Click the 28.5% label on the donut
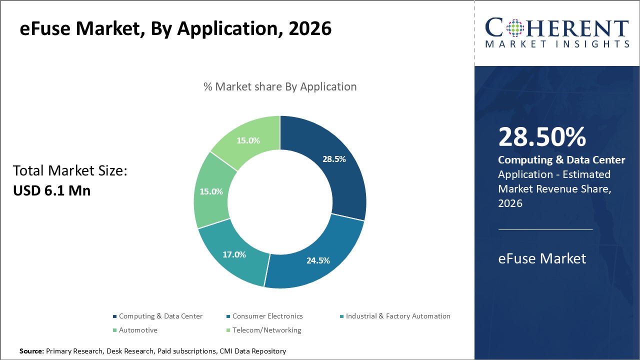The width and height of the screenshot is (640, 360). click(x=334, y=159)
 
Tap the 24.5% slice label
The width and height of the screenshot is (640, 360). click(x=318, y=260)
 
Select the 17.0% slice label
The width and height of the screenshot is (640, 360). click(x=234, y=254)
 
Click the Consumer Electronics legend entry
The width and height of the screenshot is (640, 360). click(x=267, y=316)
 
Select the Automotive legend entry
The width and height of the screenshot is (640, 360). click(x=138, y=330)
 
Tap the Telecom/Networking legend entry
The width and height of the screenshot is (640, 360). click(x=266, y=330)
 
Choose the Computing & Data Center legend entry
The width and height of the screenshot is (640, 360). click(x=160, y=316)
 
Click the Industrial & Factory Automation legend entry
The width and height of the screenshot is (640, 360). click(x=398, y=316)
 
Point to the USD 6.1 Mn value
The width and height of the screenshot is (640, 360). click(x=51, y=190)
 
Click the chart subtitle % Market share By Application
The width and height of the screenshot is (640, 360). click(x=280, y=86)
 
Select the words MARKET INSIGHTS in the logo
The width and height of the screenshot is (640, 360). click(x=556, y=44)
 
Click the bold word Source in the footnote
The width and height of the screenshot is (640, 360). click(x=31, y=351)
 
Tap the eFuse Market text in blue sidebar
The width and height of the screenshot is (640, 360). click(x=542, y=258)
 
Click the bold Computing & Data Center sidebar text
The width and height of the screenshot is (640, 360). click(x=561, y=160)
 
